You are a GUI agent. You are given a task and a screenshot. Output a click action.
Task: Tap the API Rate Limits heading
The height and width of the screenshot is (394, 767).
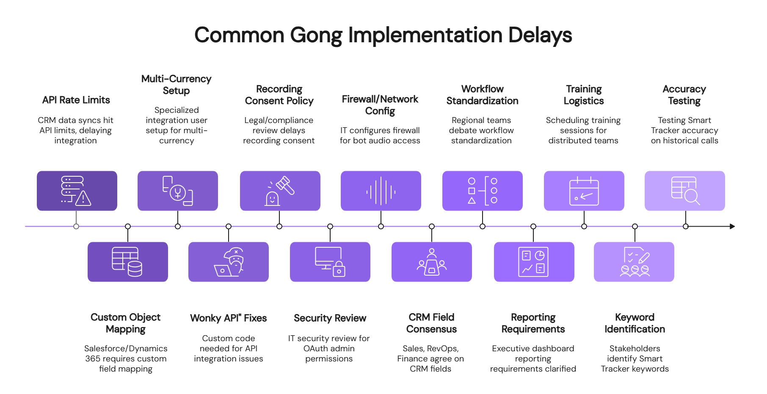(x=76, y=100)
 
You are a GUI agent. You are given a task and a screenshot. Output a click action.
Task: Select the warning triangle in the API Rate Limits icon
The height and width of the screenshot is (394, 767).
(x=83, y=198)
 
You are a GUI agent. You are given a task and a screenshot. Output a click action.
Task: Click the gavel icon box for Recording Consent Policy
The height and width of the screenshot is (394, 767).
(x=280, y=191)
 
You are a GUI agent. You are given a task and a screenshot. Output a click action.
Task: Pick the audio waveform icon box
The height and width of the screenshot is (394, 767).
(x=381, y=191)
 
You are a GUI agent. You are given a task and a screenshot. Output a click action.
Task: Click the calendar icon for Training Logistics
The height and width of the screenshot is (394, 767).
(x=584, y=192)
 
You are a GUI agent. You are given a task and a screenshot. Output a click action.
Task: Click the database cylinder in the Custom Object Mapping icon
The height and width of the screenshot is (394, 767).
(x=135, y=268)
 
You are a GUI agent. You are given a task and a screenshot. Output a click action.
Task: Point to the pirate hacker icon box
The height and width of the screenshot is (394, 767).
(x=229, y=262)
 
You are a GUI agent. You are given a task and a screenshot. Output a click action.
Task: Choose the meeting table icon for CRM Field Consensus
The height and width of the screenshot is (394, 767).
(x=431, y=263)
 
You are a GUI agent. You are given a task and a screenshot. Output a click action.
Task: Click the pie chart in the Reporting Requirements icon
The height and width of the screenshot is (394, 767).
(x=540, y=255)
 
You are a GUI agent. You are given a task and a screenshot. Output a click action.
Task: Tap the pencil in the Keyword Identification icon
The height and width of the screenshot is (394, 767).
(x=643, y=257)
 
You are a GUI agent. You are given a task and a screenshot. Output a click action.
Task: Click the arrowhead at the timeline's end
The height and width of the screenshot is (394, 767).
(x=732, y=227)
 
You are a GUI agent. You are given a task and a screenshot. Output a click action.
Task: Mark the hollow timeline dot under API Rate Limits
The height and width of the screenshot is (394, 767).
(x=76, y=227)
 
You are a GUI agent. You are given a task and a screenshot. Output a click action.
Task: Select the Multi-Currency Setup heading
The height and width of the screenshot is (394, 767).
(x=176, y=85)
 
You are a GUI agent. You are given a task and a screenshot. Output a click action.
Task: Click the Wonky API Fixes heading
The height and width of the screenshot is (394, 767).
(x=228, y=318)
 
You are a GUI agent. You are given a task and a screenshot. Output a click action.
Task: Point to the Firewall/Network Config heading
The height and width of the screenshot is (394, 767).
(x=380, y=105)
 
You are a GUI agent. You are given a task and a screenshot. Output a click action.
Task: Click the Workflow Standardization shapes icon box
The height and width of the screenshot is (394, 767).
(x=482, y=191)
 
